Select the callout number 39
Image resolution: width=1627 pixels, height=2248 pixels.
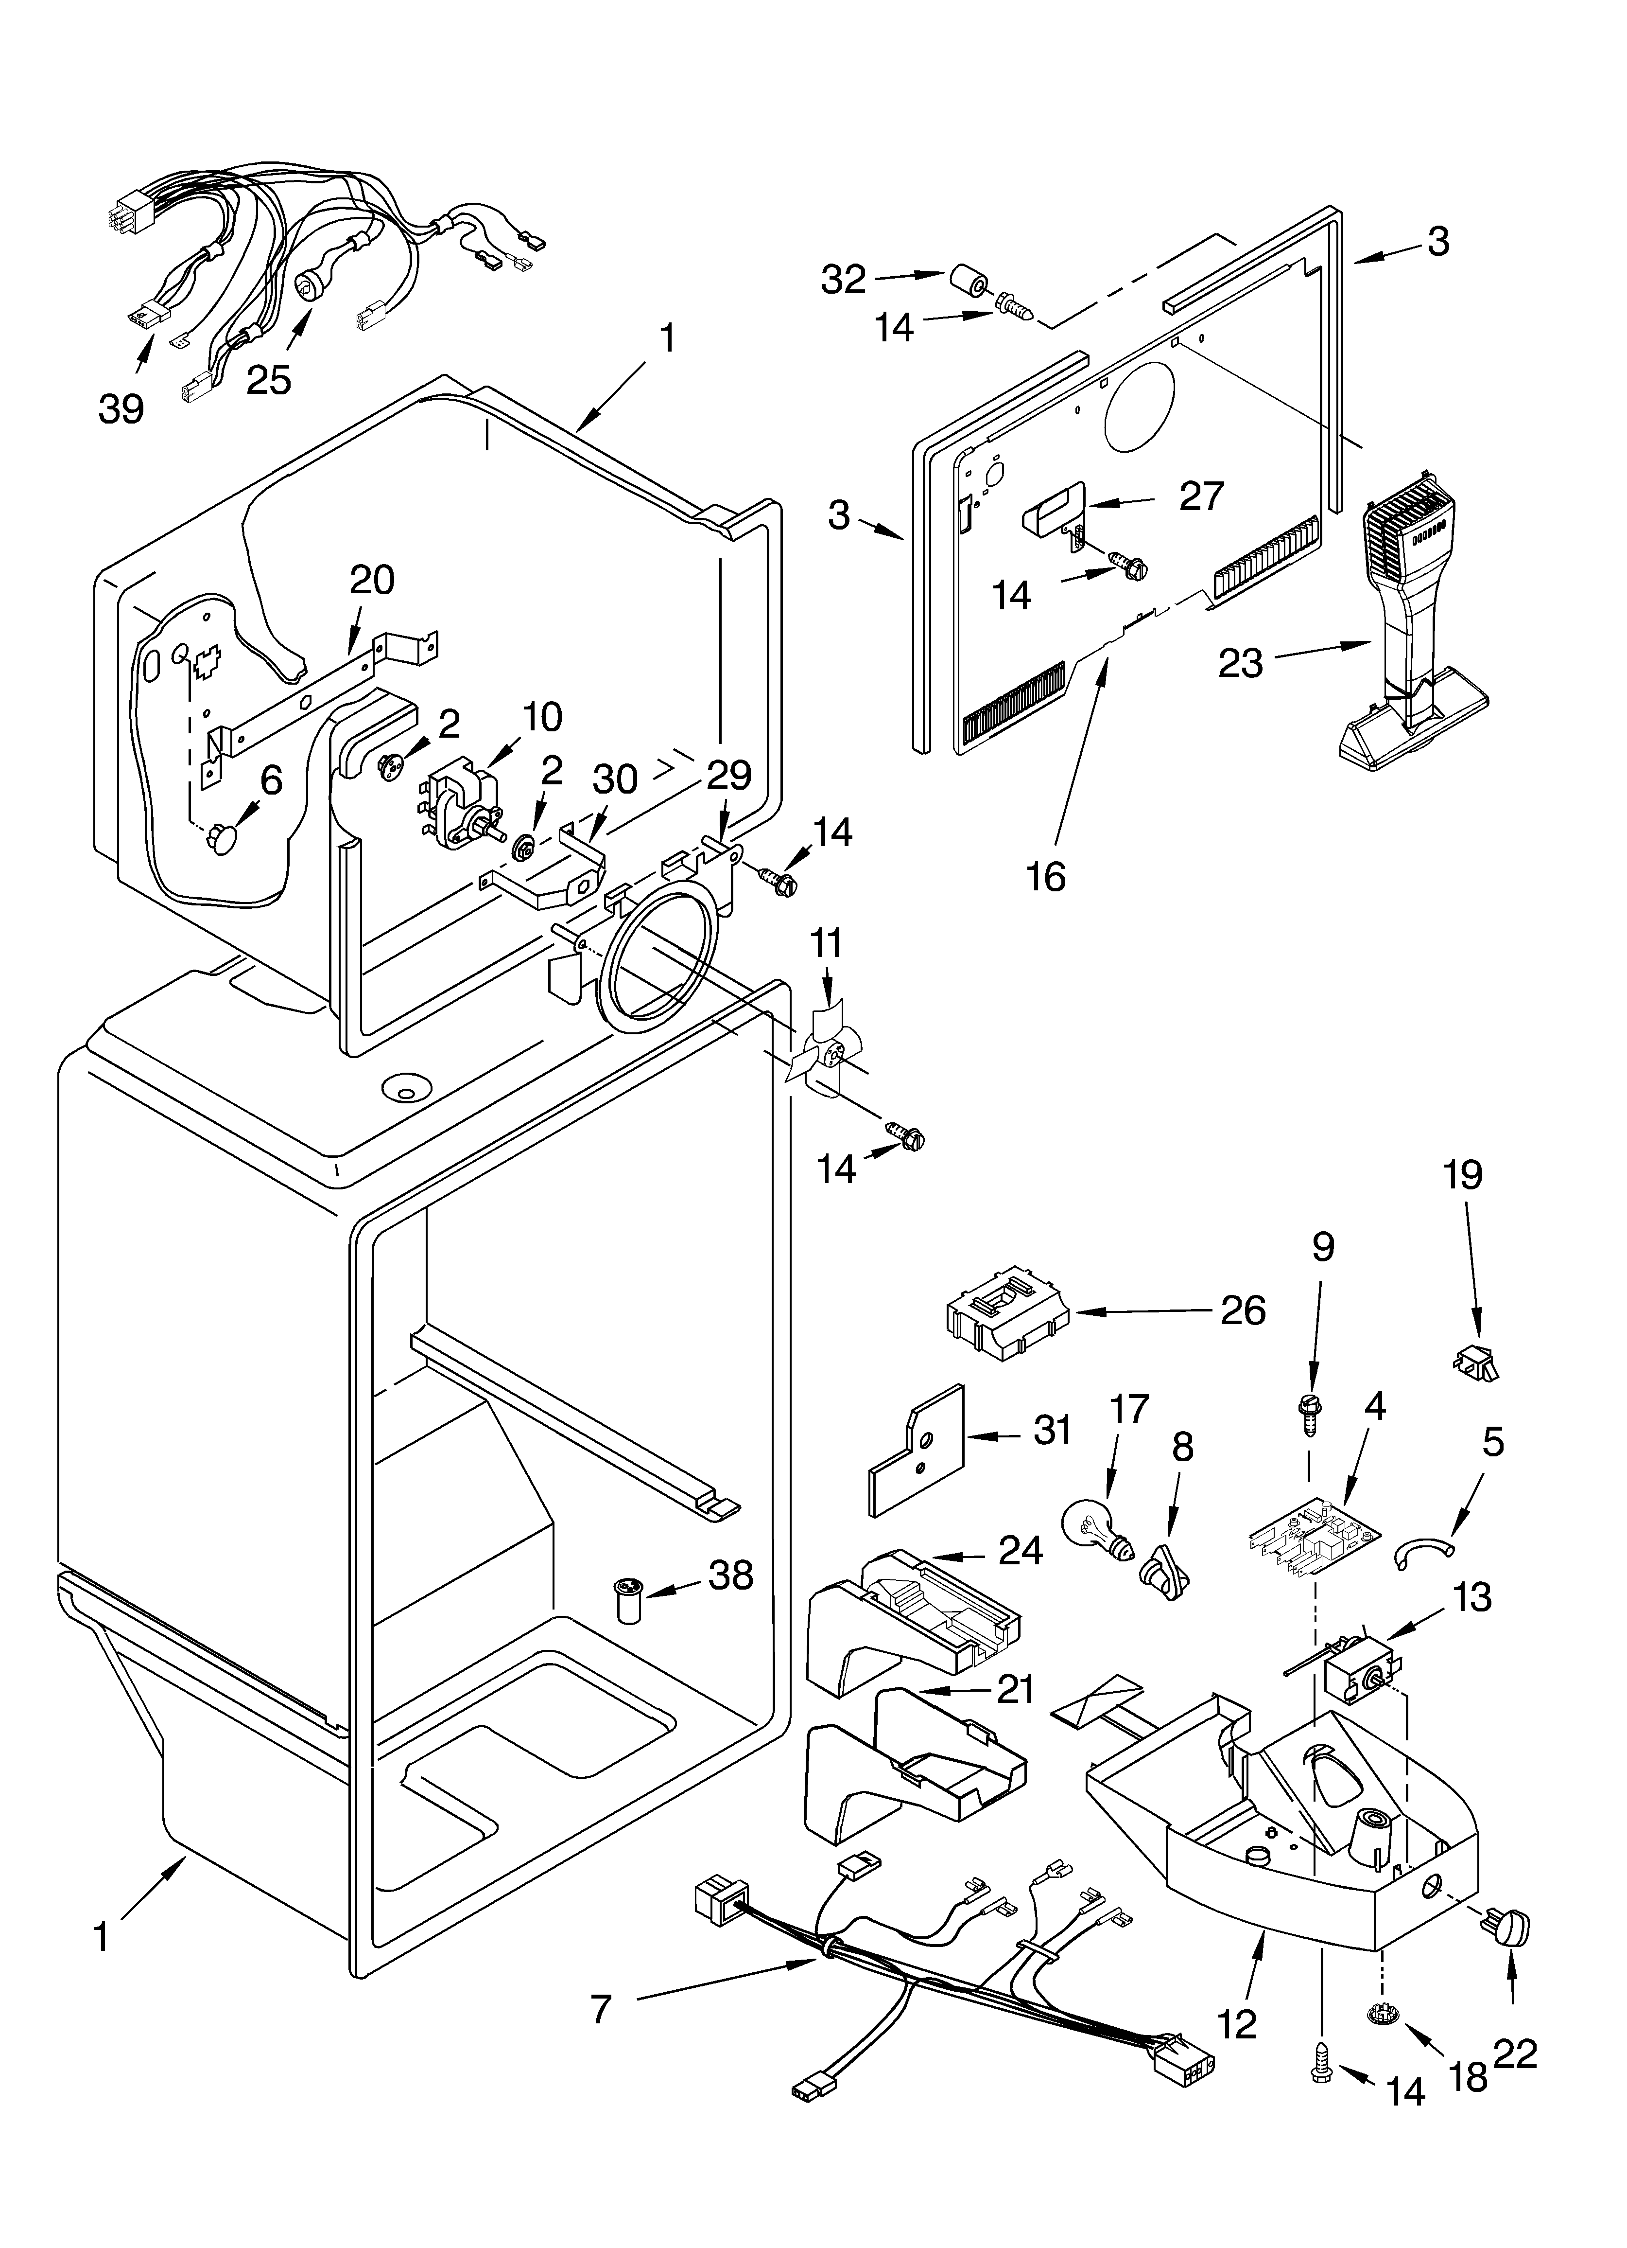121,408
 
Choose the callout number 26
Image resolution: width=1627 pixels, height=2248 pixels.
1243,1311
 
